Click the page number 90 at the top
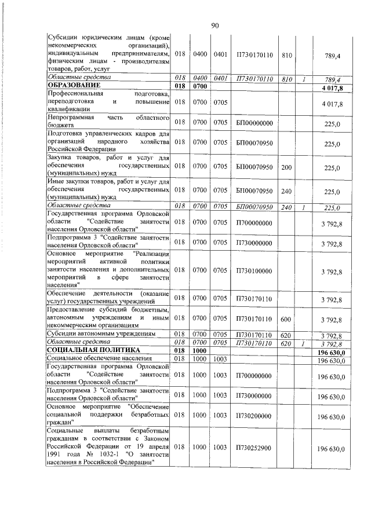click(214, 25)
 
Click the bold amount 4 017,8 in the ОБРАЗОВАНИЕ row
click(332, 87)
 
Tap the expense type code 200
click(286, 167)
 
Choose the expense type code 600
click(286, 319)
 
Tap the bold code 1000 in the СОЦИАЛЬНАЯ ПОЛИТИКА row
click(200, 351)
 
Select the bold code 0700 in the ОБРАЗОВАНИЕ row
click(200, 87)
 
